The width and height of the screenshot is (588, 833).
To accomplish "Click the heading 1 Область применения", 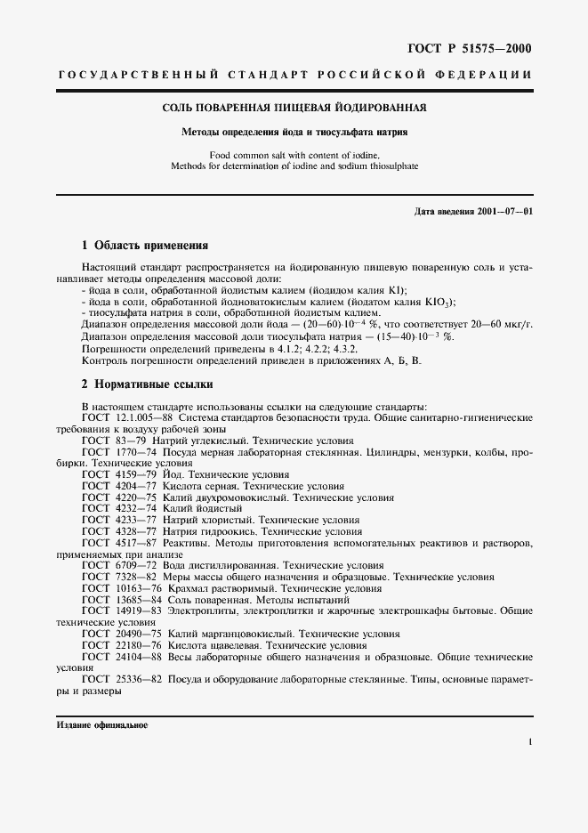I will pos(144,245).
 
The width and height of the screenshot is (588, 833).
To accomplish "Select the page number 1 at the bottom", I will pos(530,741).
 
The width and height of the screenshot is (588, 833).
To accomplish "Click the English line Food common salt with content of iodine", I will pos(294,155).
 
